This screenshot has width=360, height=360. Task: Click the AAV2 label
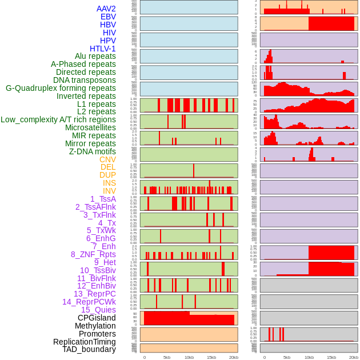(106, 9)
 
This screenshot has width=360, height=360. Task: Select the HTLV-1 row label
(103, 49)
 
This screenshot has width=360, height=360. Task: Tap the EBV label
(108, 17)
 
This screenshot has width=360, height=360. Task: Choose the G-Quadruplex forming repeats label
(61, 89)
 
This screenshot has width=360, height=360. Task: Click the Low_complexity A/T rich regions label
(58, 120)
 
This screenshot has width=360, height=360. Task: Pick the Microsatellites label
(90, 128)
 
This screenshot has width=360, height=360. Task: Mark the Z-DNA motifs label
(93, 151)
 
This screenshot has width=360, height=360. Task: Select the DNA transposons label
(85, 81)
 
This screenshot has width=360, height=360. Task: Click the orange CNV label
(107, 159)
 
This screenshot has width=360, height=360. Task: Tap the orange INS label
(109, 183)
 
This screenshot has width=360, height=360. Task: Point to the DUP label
(107, 175)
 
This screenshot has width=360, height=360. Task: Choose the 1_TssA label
(103, 199)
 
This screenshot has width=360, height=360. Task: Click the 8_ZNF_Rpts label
(93, 254)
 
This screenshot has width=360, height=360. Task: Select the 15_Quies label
(98, 310)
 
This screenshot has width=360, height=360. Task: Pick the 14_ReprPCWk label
(89, 302)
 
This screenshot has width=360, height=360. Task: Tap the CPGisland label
(97, 318)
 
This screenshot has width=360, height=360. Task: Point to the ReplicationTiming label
(84, 342)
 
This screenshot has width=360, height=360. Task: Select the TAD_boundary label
(89, 349)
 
